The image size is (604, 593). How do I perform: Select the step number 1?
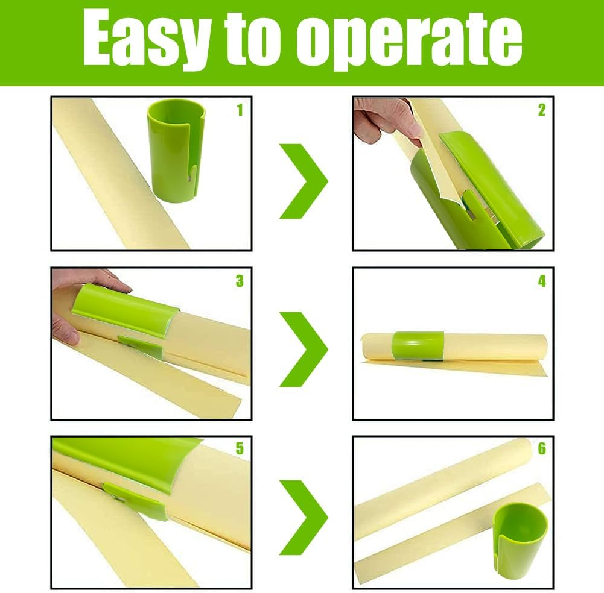(240, 110)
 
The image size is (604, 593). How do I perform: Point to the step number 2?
(542, 110)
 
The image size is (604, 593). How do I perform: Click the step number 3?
(240, 281)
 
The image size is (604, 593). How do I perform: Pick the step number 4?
(542, 281)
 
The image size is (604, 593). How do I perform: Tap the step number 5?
(240, 448)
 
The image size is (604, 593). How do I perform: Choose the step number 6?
(542, 448)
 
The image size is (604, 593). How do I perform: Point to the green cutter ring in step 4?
(418, 345)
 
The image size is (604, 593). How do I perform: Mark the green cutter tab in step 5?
(135, 500)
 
